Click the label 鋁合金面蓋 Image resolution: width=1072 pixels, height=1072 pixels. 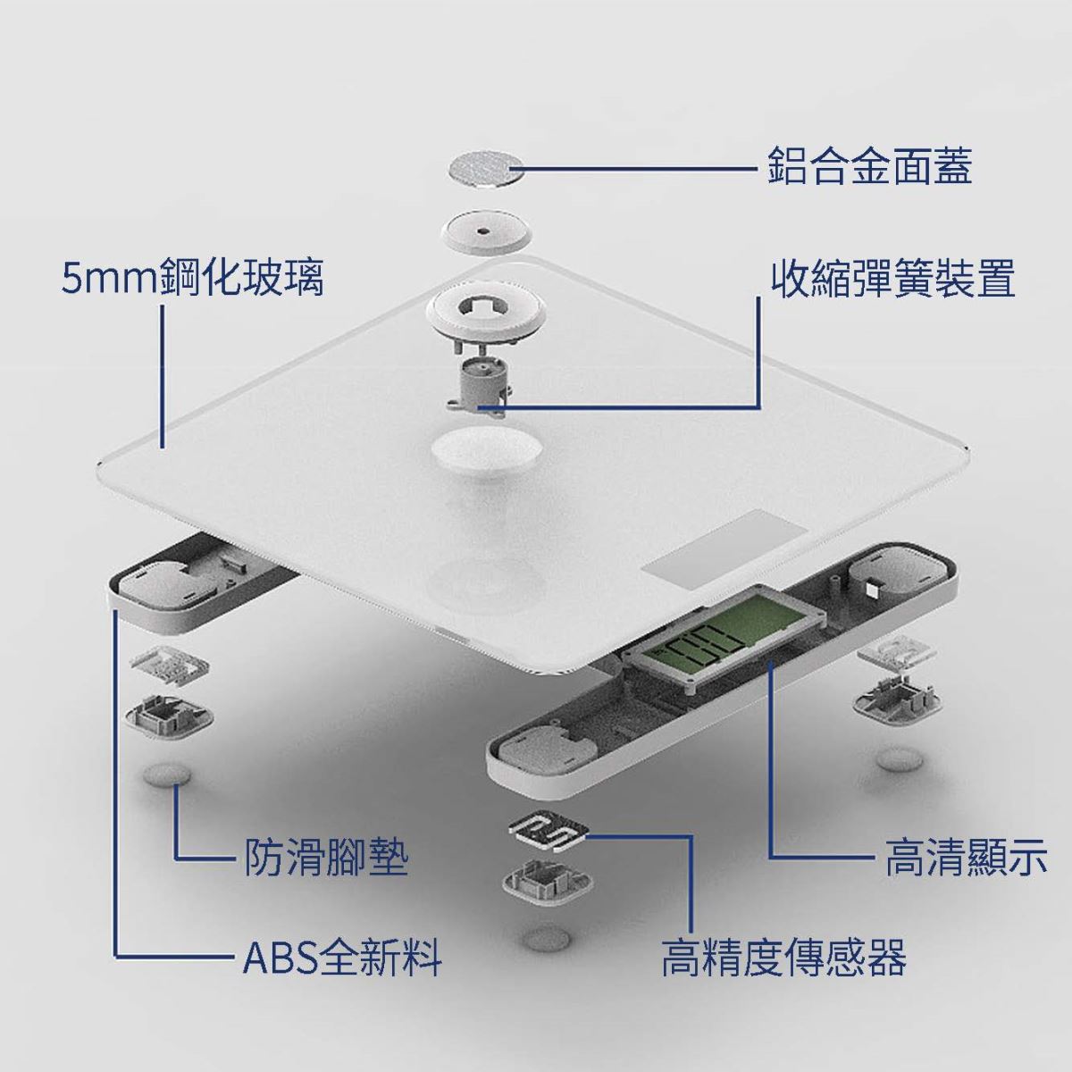(x=869, y=166)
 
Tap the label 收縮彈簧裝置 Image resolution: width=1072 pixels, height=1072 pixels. (x=892, y=279)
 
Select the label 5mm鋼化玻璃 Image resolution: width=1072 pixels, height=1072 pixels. (x=192, y=279)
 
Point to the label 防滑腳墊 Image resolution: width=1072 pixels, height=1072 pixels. (x=326, y=858)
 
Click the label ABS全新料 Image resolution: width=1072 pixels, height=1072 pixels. (x=343, y=959)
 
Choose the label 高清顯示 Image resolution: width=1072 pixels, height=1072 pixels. (x=965, y=858)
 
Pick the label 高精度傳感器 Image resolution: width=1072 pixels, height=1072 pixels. (x=783, y=959)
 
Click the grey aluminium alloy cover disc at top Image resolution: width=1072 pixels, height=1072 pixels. (x=483, y=168)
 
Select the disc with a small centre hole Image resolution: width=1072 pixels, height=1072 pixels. (x=483, y=231)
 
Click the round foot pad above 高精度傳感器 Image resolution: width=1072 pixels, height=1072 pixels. (x=548, y=937)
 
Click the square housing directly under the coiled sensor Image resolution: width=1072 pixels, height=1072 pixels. (x=548, y=882)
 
